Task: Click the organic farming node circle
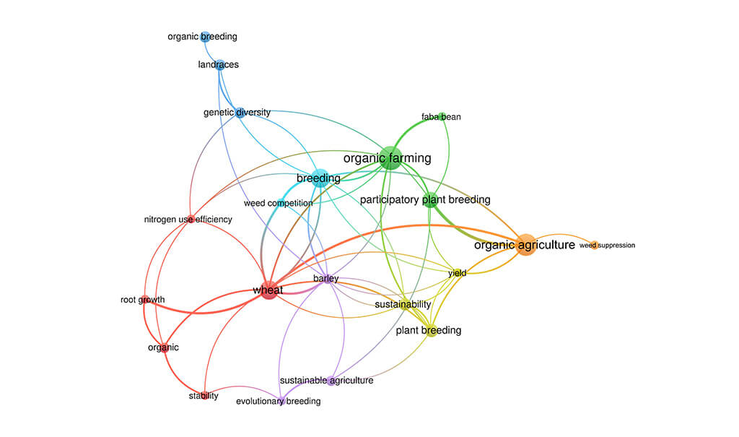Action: coord(389,158)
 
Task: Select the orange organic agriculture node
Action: coord(526,245)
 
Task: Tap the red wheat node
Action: coord(268,290)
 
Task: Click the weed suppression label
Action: coord(608,246)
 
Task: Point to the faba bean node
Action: coord(442,116)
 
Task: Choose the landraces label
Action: coord(218,65)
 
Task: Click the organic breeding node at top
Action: coord(205,37)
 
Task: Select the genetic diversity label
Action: coord(237,112)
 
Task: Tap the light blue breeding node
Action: coord(320,178)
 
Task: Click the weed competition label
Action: coord(278,204)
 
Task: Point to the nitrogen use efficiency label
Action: coord(188,220)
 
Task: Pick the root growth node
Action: coord(144,299)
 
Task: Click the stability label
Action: coord(204,396)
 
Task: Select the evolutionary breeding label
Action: coord(278,401)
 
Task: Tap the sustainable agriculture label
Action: coord(327,381)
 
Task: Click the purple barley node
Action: coord(327,280)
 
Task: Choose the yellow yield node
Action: coord(457,273)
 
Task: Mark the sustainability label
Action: coord(403,304)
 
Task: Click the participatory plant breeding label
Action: coord(425,199)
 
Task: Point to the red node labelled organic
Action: coord(164,348)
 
